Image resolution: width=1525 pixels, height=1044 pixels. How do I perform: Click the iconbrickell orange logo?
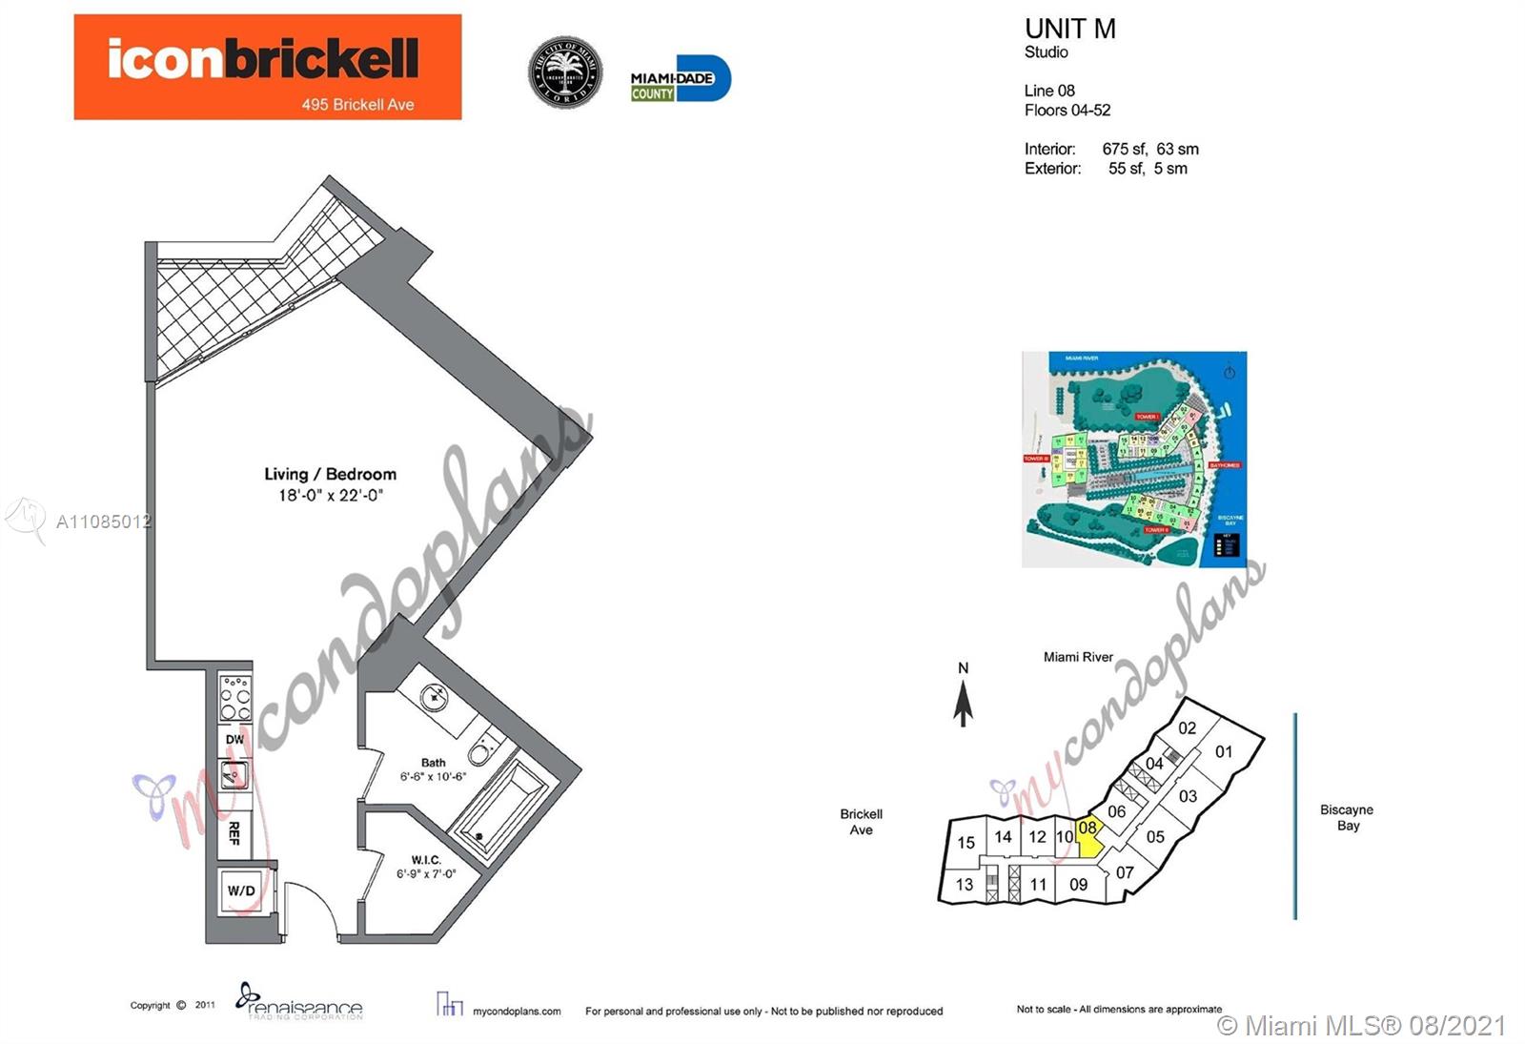[x=267, y=67]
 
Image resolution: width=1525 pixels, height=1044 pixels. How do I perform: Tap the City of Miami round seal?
[x=565, y=73]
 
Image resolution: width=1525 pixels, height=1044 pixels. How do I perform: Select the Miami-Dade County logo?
[x=680, y=79]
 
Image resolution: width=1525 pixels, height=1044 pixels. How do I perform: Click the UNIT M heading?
[x=1069, y=30]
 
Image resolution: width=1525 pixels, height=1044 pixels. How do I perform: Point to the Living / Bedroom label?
[x=330, y=474]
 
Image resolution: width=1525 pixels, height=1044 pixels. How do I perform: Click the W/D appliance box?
[x=241, y=890]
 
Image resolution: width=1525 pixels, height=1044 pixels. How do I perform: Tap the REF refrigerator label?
[x=234, y=833]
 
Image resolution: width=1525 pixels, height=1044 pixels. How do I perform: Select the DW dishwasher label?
[x=234, y=739]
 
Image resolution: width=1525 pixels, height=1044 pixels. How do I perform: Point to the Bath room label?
[x=433, y=763]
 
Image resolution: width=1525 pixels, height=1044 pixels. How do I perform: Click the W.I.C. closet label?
[x=425, y=860]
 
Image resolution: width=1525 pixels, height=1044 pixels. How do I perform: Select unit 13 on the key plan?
[x=965, y=885]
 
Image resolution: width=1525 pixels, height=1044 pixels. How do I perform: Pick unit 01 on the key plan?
[x=1224, y=751]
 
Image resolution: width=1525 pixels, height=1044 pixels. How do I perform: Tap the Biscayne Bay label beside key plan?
[x=1346, y=817]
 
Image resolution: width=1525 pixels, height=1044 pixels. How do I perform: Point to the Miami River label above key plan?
[x=1077, y=657]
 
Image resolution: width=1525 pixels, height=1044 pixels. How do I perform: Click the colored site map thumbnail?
[x=1133, y=460]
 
